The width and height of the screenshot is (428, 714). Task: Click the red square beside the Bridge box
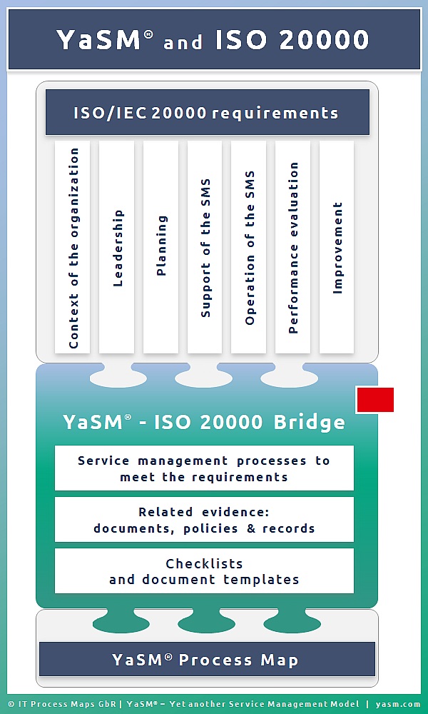tap(375, 400)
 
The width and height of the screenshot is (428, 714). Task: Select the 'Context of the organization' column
tap(72, 247)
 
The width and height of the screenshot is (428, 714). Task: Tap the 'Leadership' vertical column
tap(116, 247)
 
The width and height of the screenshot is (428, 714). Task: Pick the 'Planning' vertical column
tap(160, 247)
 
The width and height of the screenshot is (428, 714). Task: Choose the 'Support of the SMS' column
tap(205, 247)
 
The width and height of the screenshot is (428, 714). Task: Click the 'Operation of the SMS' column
tap(248, 247)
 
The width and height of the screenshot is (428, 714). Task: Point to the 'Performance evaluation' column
tap(292, 247)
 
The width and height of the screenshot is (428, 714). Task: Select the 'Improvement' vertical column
tap(337, 247)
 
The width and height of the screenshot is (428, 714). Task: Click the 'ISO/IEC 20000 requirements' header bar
tap(208, 112)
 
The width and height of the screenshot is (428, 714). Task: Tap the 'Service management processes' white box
tap(204, 468)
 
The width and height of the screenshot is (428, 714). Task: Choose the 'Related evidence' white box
tap(204, 520)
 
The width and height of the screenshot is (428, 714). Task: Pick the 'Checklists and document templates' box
tap(204, 571)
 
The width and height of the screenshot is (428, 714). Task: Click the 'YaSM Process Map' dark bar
tap(207, 659)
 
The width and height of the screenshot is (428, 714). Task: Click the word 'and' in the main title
tap(183, 42)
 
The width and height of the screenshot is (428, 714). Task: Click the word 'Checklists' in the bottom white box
tap(204, 564)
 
